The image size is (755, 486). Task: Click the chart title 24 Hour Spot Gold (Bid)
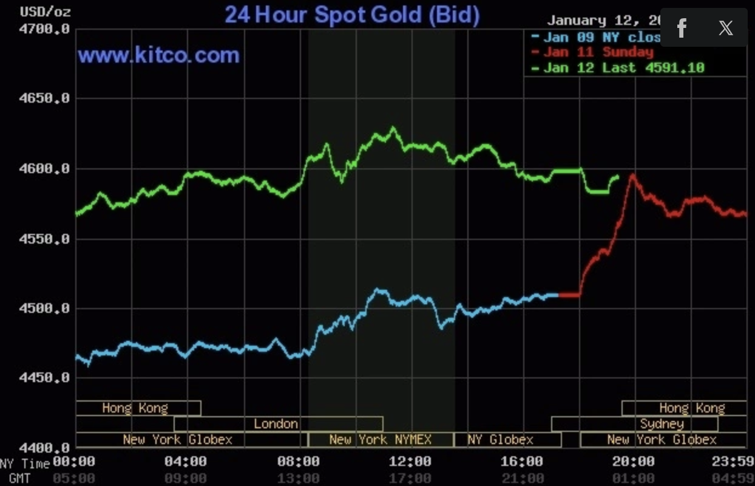pyautogui.click(x=352, y=15)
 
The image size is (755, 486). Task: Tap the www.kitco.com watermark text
pyautogui.click(x=158, y=56)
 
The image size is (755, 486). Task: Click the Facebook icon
pyautogui.click(x=682, y=28)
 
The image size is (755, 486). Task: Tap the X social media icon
pyautogui.click(x=725, y=28)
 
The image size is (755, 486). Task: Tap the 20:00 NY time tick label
pyautogui.click(x=633, y=462)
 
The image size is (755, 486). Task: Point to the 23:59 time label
pyautogui.click(x=733, y=462)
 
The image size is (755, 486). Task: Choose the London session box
pyautogui.click(x=277, y=424)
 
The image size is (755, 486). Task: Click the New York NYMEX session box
pyautogui.click(x=381, y=440)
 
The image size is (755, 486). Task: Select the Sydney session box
pyautogui.click(x=662, y=424)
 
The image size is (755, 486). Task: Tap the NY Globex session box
pyautogui.click(x=501, y=440)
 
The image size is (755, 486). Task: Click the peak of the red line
pyautogui.click(x=632, y=175)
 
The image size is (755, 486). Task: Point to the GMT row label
pyautogui.click(x=19, y=479)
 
